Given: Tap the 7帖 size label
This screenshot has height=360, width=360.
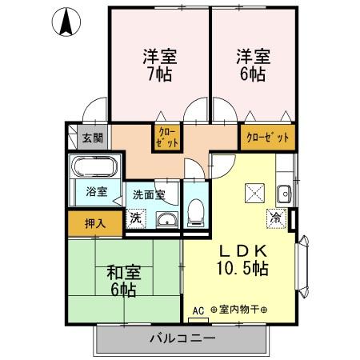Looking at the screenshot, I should pyautogui.click(x=160, y=75).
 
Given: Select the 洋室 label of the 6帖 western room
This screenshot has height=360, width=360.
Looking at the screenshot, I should pyautogui.click(x=252, y=57).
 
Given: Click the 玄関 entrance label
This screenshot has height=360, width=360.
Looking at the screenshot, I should pyautogui.click(x=93, y=138).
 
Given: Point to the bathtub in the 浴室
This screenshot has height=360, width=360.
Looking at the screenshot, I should pyautogui.click(x=94, y=169).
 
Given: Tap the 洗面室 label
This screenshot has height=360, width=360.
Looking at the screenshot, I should pyautogui.click(x=149, y=194).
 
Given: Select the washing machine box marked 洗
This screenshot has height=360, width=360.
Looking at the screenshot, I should pyautogui.click(x=135, y=218).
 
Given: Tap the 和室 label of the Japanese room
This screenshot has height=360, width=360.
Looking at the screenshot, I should pyautogui.click(x=122, y=270).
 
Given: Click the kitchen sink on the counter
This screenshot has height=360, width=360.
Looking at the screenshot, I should pyautogui.click(x=283, y=192).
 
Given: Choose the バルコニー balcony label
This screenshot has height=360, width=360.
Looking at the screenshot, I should pyautogui.click(x=182, y=339).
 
